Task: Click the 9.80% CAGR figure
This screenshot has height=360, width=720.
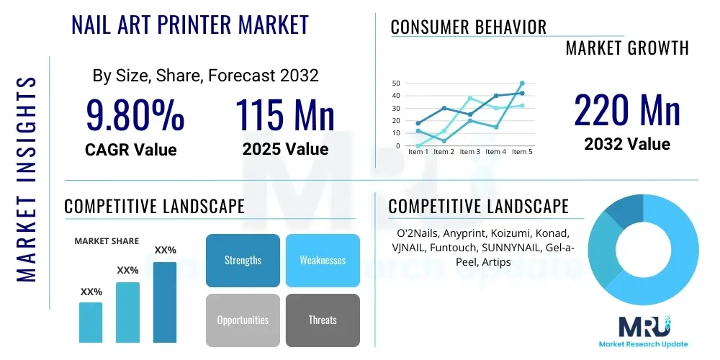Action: click(135, 115)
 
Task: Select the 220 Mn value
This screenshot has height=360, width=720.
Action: click(627, 110)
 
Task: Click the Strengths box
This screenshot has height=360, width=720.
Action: click(243, 261)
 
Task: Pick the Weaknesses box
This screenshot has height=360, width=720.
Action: click(323, 261)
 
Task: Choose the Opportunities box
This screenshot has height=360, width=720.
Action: click(243, 320)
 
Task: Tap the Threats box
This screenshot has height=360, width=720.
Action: click(323, 320)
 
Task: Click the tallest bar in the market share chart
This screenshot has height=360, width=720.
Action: click(165, 302)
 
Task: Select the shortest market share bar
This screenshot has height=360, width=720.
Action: click(91, 323)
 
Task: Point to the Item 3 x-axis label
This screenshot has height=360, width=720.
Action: click(470, 152)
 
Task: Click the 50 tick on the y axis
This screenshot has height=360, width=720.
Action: click(397, 83)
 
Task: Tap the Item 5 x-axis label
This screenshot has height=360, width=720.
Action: click(522, 152)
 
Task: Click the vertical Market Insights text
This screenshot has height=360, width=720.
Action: click(26, 179)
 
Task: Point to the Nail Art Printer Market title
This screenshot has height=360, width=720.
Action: click(190, 24)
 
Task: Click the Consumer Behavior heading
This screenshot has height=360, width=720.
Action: click(469, 27)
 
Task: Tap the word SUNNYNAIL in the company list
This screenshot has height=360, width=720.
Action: click(521, 248)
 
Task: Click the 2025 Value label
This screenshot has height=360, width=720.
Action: click(286, 149)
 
